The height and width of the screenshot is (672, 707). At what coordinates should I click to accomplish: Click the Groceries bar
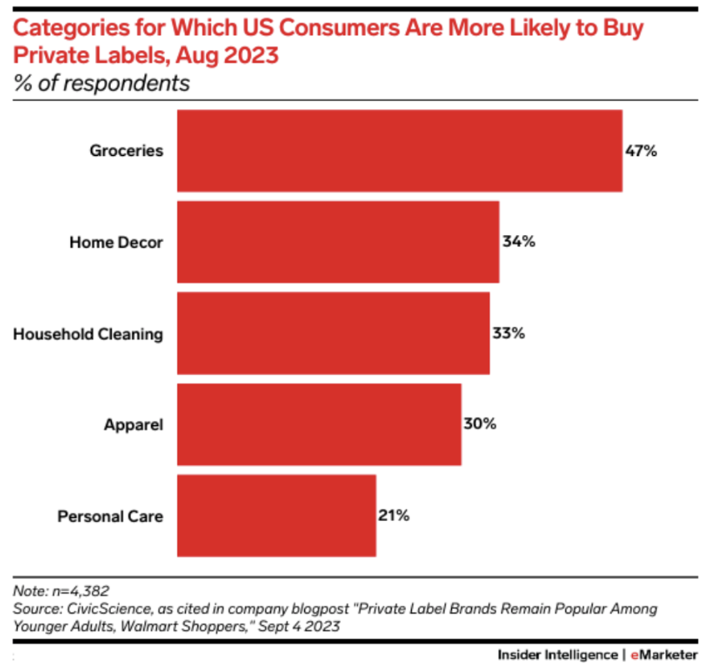tap(399, 151)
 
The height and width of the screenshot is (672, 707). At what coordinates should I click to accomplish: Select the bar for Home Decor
tap(338, 242)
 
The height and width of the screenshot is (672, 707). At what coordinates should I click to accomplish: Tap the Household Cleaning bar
tap(333, 333)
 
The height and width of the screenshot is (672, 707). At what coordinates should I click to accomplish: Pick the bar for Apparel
tap(319, 424)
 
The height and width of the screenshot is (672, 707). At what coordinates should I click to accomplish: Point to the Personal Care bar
tap(277, 515)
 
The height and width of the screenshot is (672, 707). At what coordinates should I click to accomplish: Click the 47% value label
tap(641, 151)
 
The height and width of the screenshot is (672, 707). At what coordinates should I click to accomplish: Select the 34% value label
tap(518, 242)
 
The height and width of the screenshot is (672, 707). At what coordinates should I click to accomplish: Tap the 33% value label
tap(508, 333)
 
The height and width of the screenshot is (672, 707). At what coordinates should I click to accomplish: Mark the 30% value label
tap(479, 424)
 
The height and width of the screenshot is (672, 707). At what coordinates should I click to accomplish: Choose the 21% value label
tap(394, 515)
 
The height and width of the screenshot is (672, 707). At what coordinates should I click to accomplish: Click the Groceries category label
tap(127, 151)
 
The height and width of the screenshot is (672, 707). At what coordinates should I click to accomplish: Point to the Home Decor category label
tap(116, 243)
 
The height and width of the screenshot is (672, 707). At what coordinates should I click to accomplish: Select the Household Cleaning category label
tap(88, 334)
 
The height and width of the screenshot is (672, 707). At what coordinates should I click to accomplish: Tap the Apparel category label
tap(133, 425)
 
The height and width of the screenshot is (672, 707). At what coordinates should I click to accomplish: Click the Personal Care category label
tap(110, 516)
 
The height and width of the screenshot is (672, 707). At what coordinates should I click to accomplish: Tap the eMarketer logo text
tap(663, 654)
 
